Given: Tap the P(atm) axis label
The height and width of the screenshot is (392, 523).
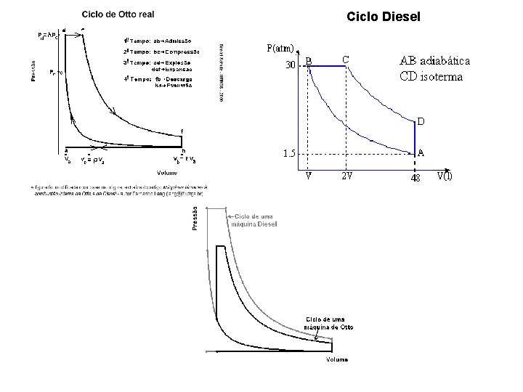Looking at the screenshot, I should [279, 49].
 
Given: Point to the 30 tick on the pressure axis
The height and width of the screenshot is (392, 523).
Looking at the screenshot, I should [290, 65].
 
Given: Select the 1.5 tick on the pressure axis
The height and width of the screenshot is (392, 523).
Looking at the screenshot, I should [289, 153].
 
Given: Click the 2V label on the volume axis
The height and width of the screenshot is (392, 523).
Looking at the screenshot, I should [349, 176].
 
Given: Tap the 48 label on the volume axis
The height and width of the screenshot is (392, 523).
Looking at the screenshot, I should [416, 177].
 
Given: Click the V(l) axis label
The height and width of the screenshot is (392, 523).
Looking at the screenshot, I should [444, 176].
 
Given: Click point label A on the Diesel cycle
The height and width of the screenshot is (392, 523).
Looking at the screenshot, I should [421, 152].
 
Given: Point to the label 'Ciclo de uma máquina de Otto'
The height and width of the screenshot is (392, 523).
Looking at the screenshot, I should [325, 323].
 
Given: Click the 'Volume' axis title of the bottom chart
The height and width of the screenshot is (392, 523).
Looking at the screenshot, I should [336, 359].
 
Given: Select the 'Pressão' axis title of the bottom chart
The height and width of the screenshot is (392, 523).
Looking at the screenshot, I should [195, 218].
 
